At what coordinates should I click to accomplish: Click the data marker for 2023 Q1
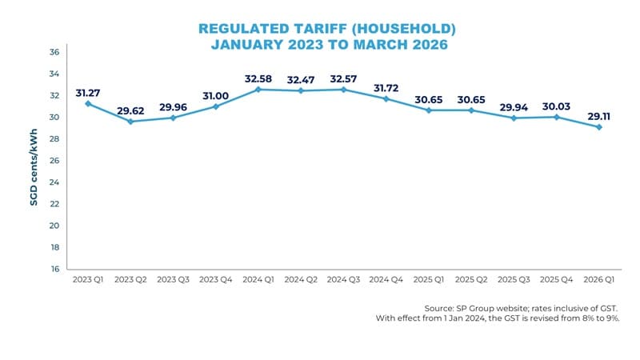point(87,104)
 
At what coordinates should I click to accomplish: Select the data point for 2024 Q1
point(258,90)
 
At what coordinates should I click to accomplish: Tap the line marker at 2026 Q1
point(598,127)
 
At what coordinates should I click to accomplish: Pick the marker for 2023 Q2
point(130,122)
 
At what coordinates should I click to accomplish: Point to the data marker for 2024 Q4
point(386,98)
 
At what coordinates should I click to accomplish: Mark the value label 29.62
point(130,109)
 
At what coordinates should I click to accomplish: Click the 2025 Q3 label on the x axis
point(513,282)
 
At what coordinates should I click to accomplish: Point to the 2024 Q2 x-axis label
point(300,282)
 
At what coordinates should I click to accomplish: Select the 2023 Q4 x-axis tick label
point(215,282)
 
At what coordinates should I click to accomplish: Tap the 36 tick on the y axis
point(55,52)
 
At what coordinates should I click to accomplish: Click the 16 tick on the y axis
point(55,270)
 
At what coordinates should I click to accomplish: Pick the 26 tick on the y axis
point(55,161)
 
